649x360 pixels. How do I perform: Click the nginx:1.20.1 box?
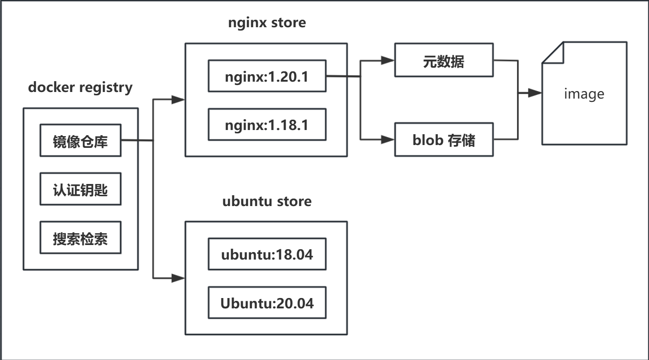[x=267, y=76]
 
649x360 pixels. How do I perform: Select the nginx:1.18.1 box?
[x=267, y=125]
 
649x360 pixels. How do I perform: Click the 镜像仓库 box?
[x=80, y=140]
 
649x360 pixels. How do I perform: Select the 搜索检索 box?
[x=80, y=238]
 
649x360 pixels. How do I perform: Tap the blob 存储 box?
[x=444, y=139]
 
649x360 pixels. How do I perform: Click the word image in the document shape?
[x=584, y=94]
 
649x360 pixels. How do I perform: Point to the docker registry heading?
[x=80, y=87]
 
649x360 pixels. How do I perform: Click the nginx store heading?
[x=267, y=23]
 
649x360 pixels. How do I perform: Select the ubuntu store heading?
[x=267, y=201]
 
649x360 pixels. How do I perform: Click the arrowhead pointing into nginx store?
[x=178, y=100]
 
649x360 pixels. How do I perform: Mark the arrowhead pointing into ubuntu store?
[x=178, y=278]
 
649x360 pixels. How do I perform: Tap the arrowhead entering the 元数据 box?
[x=388, y=61]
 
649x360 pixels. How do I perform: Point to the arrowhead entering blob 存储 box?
[x=388, y=139]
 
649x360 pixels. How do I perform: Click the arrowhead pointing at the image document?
[x=535, y=93]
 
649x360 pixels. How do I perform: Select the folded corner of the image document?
[x=552, y=52]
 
